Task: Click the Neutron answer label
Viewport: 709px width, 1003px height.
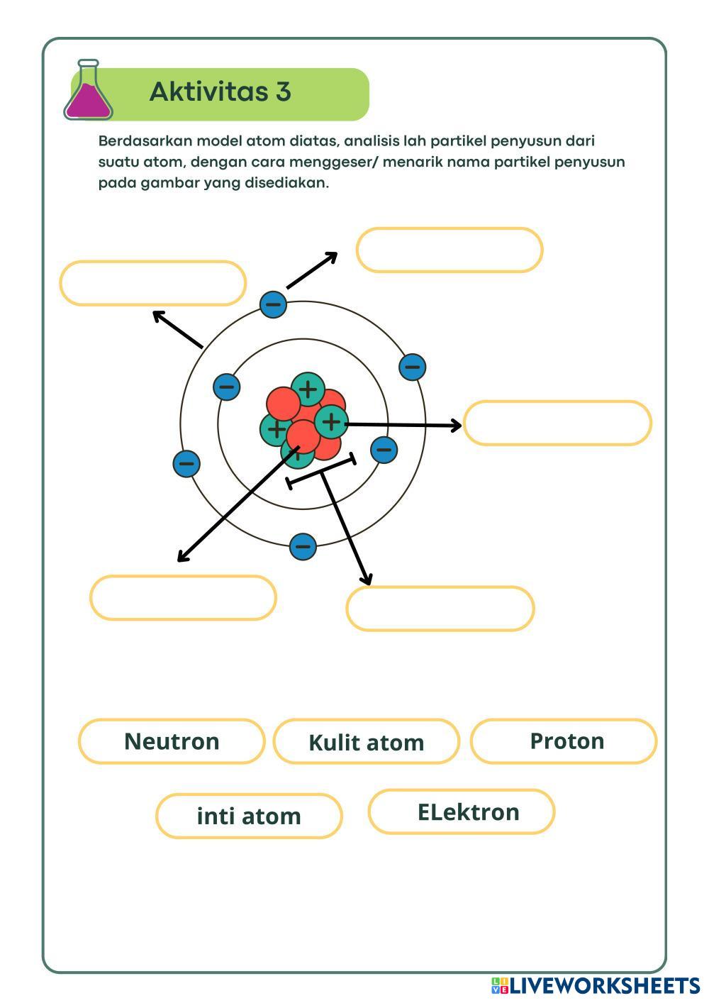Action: (x=172, y=741)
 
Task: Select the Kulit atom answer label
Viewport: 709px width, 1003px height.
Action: (x=367, y=742)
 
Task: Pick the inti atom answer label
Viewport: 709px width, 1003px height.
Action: (x=249, y=816)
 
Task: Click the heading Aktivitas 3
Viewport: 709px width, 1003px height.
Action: (x=220, y=92)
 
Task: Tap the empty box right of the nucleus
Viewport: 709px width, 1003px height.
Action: (x=557, y=423)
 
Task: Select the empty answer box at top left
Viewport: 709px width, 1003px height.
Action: (x=152, y=284)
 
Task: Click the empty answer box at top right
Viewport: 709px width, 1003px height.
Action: (x=450, y=250)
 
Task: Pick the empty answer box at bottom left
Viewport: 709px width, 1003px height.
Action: (x=183, y=598)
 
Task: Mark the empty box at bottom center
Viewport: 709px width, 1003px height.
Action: (x=440, y=609)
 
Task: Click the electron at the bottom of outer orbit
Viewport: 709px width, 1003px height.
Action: (x=303, y=546)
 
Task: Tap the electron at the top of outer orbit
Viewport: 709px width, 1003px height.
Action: (x=273, y=304)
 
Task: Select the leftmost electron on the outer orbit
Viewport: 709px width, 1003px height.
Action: (x=186, y=464)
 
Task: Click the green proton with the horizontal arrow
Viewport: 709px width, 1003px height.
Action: (x=330, y=422)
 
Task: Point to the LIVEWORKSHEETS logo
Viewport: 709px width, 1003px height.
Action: (x=596, y=985)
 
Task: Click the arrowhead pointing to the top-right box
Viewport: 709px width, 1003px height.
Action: (x=331, y=256)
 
